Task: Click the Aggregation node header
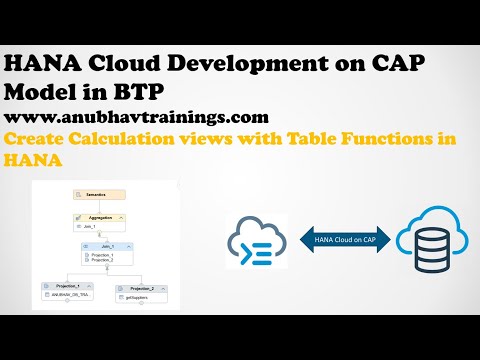point(99,216)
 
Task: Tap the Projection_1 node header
point(66,287)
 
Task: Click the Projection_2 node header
point(140,288)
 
